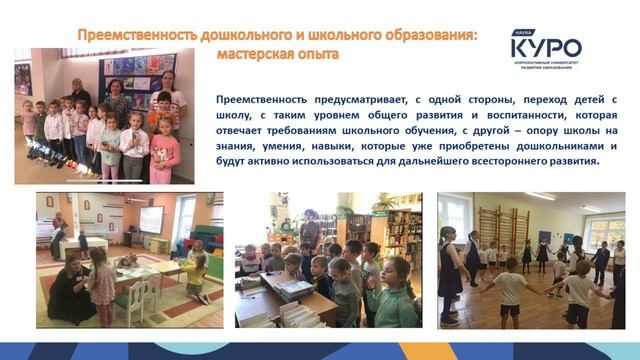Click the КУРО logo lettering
pos(545,46)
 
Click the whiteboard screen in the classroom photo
pos(150,219)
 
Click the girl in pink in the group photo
pos(165,150)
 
